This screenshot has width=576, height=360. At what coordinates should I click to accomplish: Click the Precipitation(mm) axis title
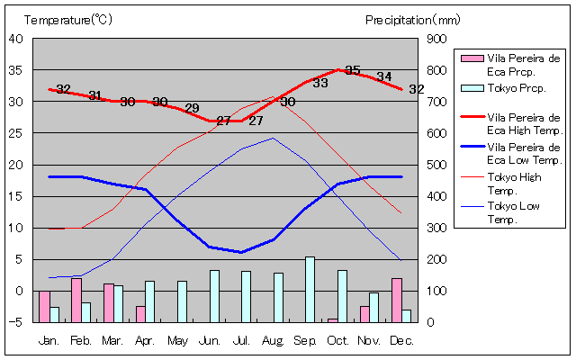tap(412, 19)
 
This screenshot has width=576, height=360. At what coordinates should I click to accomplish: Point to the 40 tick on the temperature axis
tap(17, 39)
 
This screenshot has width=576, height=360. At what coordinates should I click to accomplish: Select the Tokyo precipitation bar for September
tap(310, 289)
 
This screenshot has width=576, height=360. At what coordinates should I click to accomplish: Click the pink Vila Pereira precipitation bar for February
tap(76, 300)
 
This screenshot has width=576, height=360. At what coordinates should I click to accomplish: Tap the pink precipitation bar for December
tap(397, 300)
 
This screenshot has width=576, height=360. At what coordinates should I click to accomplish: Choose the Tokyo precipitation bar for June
tap(214, 295)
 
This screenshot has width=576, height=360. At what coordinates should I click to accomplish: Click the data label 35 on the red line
tap(352, 70)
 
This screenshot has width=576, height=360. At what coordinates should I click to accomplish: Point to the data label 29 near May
tap(192, 109)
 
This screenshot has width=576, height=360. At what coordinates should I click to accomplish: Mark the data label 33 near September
tap(319, 83)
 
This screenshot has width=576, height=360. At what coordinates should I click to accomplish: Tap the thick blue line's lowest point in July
tap(241, 252)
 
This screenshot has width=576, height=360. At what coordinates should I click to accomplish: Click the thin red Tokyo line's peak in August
tap(273, 96)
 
